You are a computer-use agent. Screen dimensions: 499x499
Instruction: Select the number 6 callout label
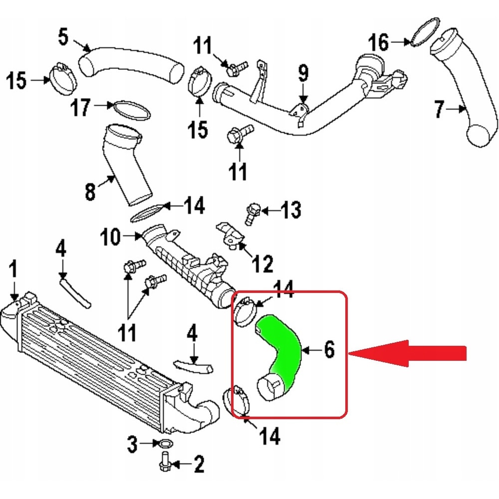pyautogui.click(x=329, y=350)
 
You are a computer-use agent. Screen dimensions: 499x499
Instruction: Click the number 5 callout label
pyautogui.click(x=63, y=37)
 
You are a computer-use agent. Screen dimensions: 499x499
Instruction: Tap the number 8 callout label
pyautogui.click(x=90, y=191)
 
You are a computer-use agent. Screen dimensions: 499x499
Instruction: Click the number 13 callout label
pyautogui.click(x=291, y=211)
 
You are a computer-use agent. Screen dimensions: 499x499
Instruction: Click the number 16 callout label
pyautogui.click(x=379, y=42)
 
